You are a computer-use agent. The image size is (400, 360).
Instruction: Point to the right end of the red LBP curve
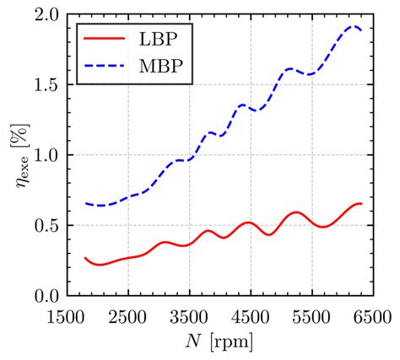click(x=361, y=204)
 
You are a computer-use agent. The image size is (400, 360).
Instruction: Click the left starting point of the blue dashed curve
click(x=85, y=202)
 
